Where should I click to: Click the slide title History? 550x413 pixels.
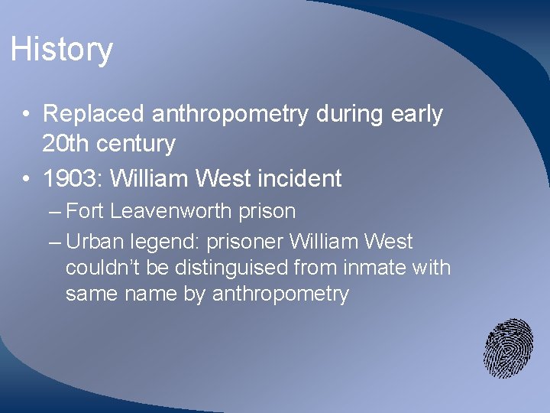click(x=62, y=50)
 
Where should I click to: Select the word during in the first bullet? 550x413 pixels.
click(x=349, y=114)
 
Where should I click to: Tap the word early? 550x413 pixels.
click(x=417, y=114)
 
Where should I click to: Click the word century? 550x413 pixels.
click(x=137, y=143)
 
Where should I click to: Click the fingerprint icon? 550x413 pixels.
click(x=508, y=348)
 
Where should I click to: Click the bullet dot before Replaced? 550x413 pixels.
click(x=26, y=115)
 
